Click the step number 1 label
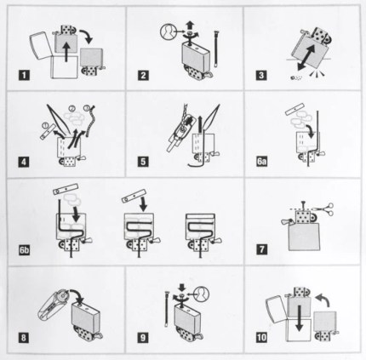tap(25, 76)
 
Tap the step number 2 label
tap(143, 76)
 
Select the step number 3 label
tap(261, 76)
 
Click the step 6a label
tap(262, 162)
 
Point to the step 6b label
tap(25, 250)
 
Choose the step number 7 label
tap(261, 249)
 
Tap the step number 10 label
tap(261, 337)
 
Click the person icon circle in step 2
tap(168, 31)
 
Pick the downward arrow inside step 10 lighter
tap(299, 318)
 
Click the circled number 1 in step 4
tap(45, 125)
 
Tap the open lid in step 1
tap(41, 46)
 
